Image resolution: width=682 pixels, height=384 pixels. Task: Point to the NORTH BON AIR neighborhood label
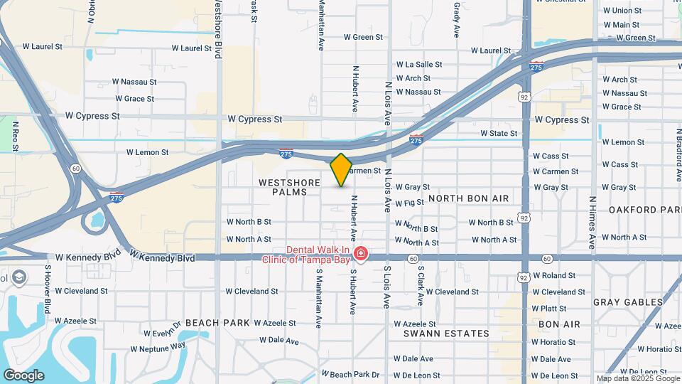tap(468, 198)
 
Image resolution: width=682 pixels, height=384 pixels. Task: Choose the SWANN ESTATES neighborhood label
tap(446, 334)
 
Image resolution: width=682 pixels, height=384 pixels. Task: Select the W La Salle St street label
tap(419, 64)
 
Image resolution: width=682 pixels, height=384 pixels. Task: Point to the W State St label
tap(499, 133)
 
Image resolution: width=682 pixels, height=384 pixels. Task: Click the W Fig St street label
tap(409, 203)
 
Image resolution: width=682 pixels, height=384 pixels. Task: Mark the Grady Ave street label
tap(457, 19)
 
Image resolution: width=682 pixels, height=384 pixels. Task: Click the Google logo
tap(23, 375)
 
